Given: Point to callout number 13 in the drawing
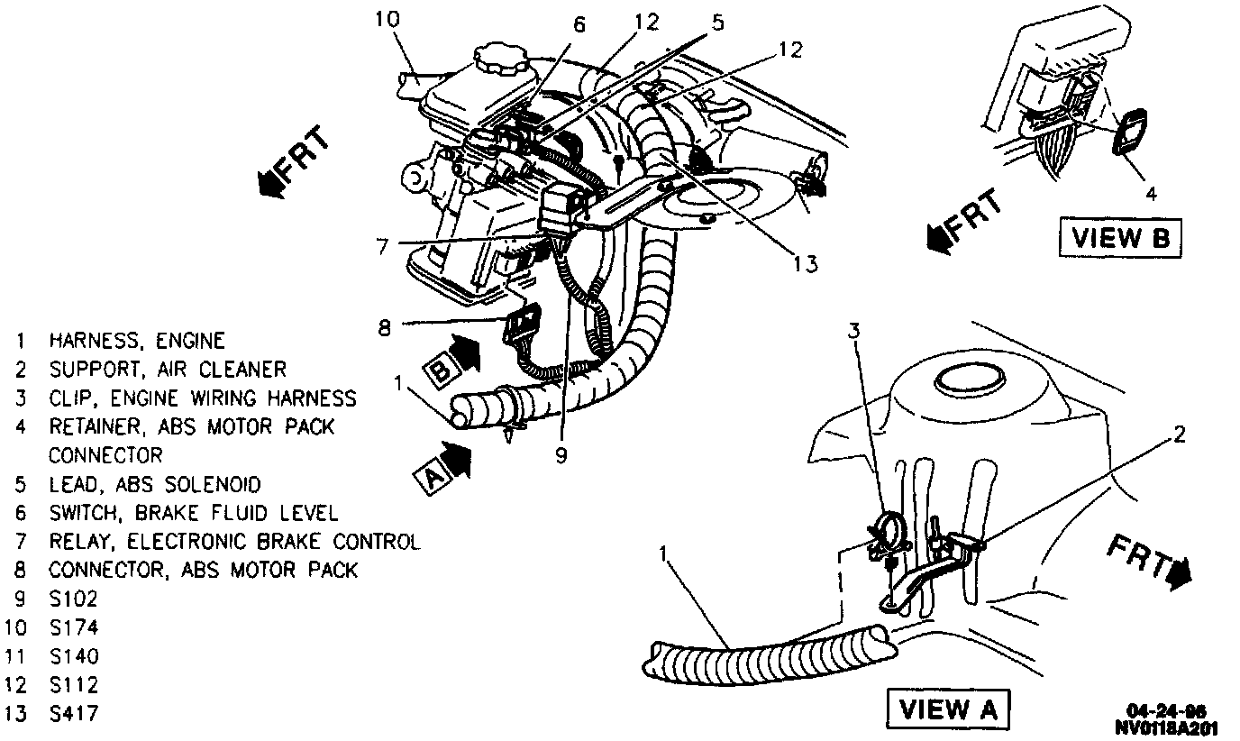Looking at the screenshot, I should point(806,263).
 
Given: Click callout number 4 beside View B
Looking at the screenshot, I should point(1151,192).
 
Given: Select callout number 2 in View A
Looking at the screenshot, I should point(1179,435).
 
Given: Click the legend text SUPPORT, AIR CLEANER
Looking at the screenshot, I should point(168,370).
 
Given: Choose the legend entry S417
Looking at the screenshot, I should point(74,714).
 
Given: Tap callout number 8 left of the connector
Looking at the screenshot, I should point(385,328).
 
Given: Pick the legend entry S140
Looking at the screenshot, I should point(74,656).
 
